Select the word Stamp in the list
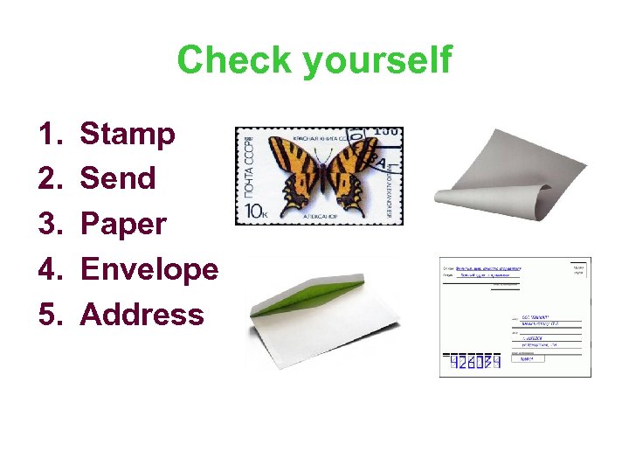click(x=128, y=135)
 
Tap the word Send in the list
click(x=118, y=179)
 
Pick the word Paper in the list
click(x=123, y=225)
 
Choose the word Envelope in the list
click(x=149, y=270)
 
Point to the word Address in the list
click(x=142, y=315)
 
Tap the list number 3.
click(x=47, y=225)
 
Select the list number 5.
click(x=47, y=315)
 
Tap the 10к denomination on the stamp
click(x=260, y=211)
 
